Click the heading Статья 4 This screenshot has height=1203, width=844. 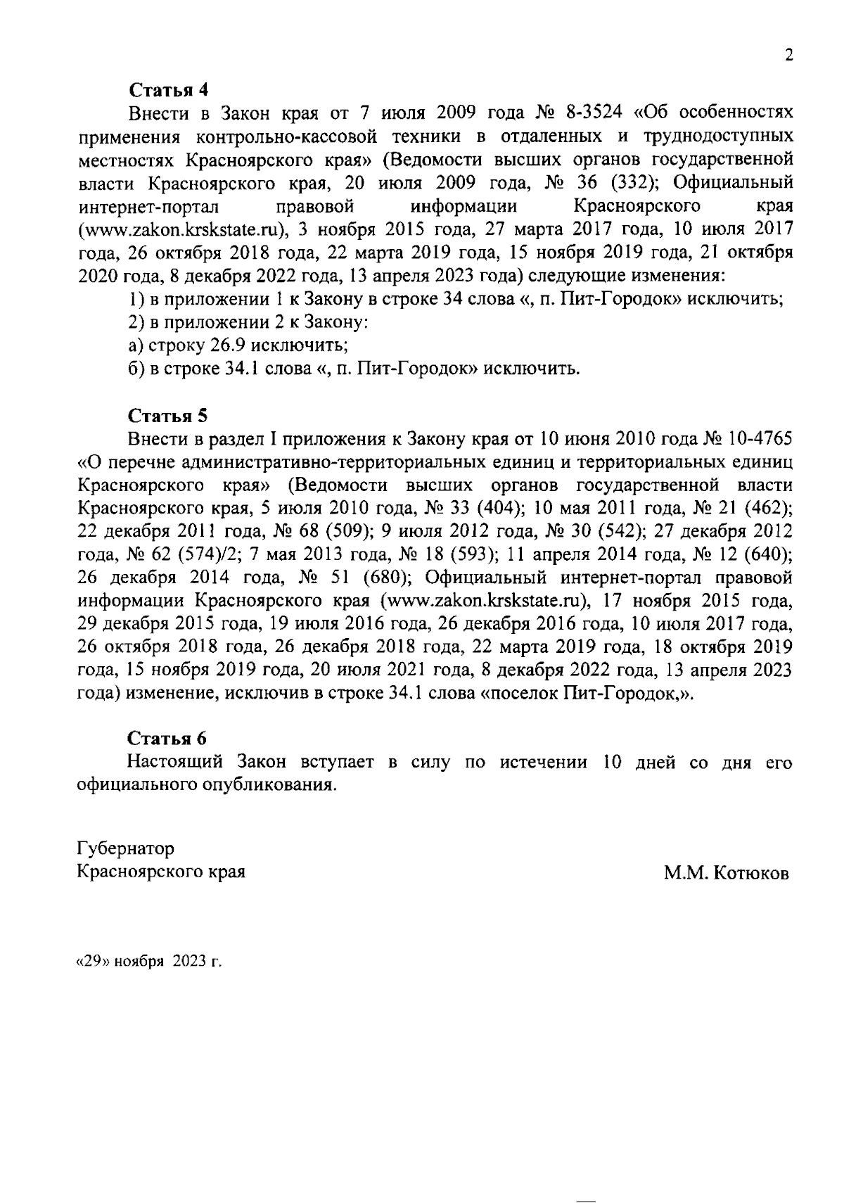169,90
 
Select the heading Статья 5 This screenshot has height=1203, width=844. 168,414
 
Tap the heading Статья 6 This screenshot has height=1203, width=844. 168,738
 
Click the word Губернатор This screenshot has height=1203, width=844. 125,848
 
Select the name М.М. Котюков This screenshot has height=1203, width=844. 727,873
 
